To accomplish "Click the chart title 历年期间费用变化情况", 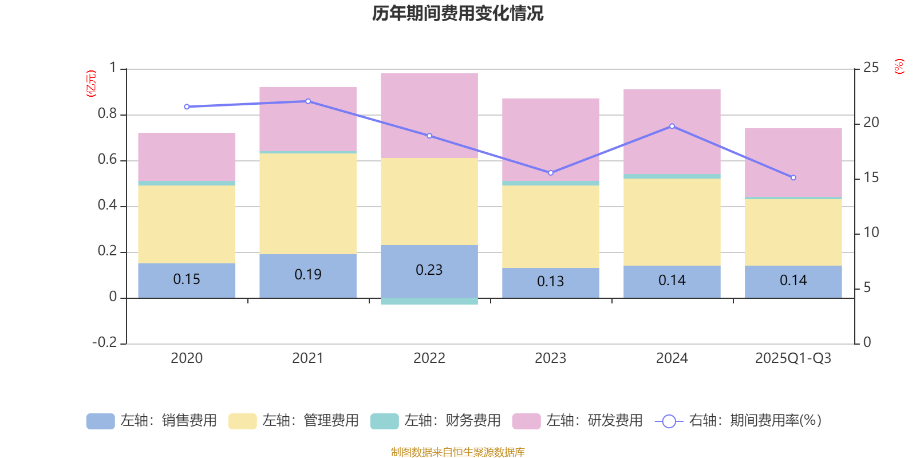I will pyautogui.click(x=457, y=13).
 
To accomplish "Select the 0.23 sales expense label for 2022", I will pyautogui.click(x=429, y=270).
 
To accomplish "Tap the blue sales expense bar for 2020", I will pyautogui.click(x=187, y=280).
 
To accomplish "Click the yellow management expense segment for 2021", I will pyautogui.click(x=308, y=203).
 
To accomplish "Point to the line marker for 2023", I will pyautogui.click(x=551, y=173).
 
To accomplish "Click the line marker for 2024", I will pyautogui.click(x=672, y=126).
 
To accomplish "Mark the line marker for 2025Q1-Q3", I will pyautogui.click(x=793, y=177).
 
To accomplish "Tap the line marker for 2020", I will pyautogui.click(x=187, y=106).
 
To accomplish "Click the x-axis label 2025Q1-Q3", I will pyautogui.click(x=793, y=358).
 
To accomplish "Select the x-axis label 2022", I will pyautogui.click(x=429, y=358).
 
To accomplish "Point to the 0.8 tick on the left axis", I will pyautogui.click(x=107, y=114).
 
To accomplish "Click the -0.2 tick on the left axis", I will pyautogui.click(x=105, y=342).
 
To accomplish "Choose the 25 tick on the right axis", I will pyautogui.click(x=871, y=68).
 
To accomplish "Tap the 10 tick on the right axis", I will pyautogui.click(x=871, y=232).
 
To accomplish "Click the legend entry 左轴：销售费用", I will pyautogui.click(x=152, y=421).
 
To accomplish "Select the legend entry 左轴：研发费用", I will pyautogui.click(x=578, y=421).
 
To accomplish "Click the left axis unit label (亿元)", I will pyautogui.click(x=91, y=84).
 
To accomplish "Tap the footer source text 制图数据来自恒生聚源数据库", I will pyautogui.click(x=457, y=452).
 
